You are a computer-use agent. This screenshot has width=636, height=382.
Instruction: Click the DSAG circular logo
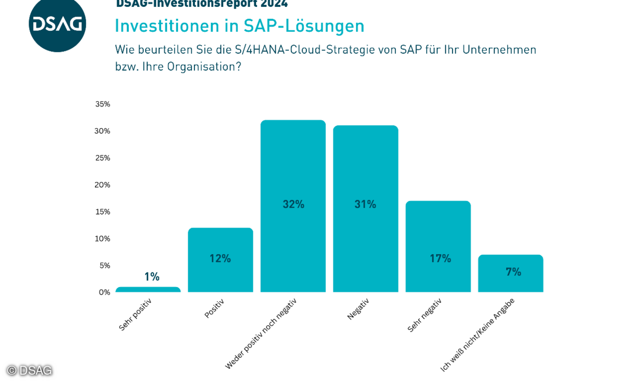(57, 24)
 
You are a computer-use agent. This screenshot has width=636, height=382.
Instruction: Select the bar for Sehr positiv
(148, 290)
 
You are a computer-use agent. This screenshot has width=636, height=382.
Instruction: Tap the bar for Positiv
(220, 260)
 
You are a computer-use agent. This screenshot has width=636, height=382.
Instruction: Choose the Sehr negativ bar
(438, 246)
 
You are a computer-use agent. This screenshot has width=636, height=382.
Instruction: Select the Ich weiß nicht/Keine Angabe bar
(510, 273)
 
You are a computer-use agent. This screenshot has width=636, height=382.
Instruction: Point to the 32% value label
(294, 204)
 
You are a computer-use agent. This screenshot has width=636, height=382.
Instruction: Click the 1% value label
(152, 276)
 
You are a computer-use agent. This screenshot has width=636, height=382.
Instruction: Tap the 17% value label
(440, 258)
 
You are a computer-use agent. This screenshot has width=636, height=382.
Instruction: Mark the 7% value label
(513, 272)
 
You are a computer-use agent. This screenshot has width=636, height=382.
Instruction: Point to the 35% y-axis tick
(103, 104)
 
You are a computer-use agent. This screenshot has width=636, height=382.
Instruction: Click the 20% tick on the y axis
(103, 185)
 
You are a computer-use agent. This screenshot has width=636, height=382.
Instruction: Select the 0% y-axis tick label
(104, 292)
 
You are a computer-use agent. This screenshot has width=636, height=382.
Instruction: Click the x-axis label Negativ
(358, 309)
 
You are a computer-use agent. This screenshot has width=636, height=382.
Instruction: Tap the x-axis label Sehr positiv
(135, 314)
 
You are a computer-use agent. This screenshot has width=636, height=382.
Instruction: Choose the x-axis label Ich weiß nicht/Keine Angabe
(478, 334)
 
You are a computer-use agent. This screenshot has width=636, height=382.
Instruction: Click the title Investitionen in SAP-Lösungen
(240, 26)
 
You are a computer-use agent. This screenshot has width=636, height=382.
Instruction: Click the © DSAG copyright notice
(30, 370)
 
